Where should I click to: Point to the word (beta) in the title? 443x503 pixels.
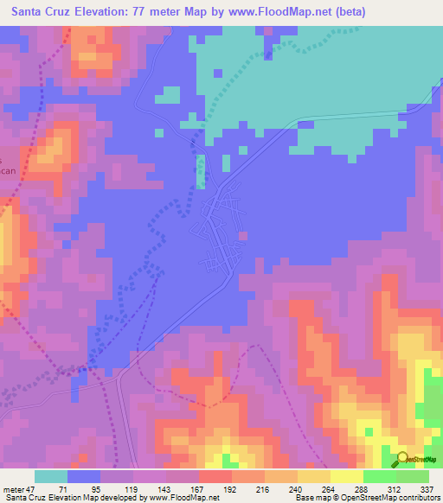tap(348, 12)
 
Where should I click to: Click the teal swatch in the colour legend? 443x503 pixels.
tap(51, 476)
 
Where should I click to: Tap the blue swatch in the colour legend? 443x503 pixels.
tap(84, 476)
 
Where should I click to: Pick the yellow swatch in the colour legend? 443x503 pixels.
tap(347, 476)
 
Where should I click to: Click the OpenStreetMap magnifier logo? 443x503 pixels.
tap(402, 459)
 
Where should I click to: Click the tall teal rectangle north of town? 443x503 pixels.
tap(202, 170)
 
